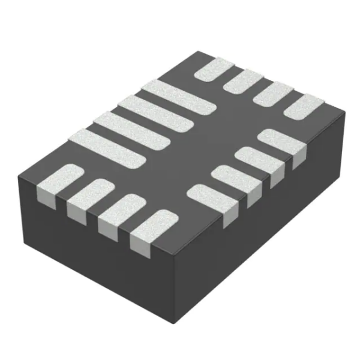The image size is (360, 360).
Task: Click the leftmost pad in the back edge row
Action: click(x=214, y=70)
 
